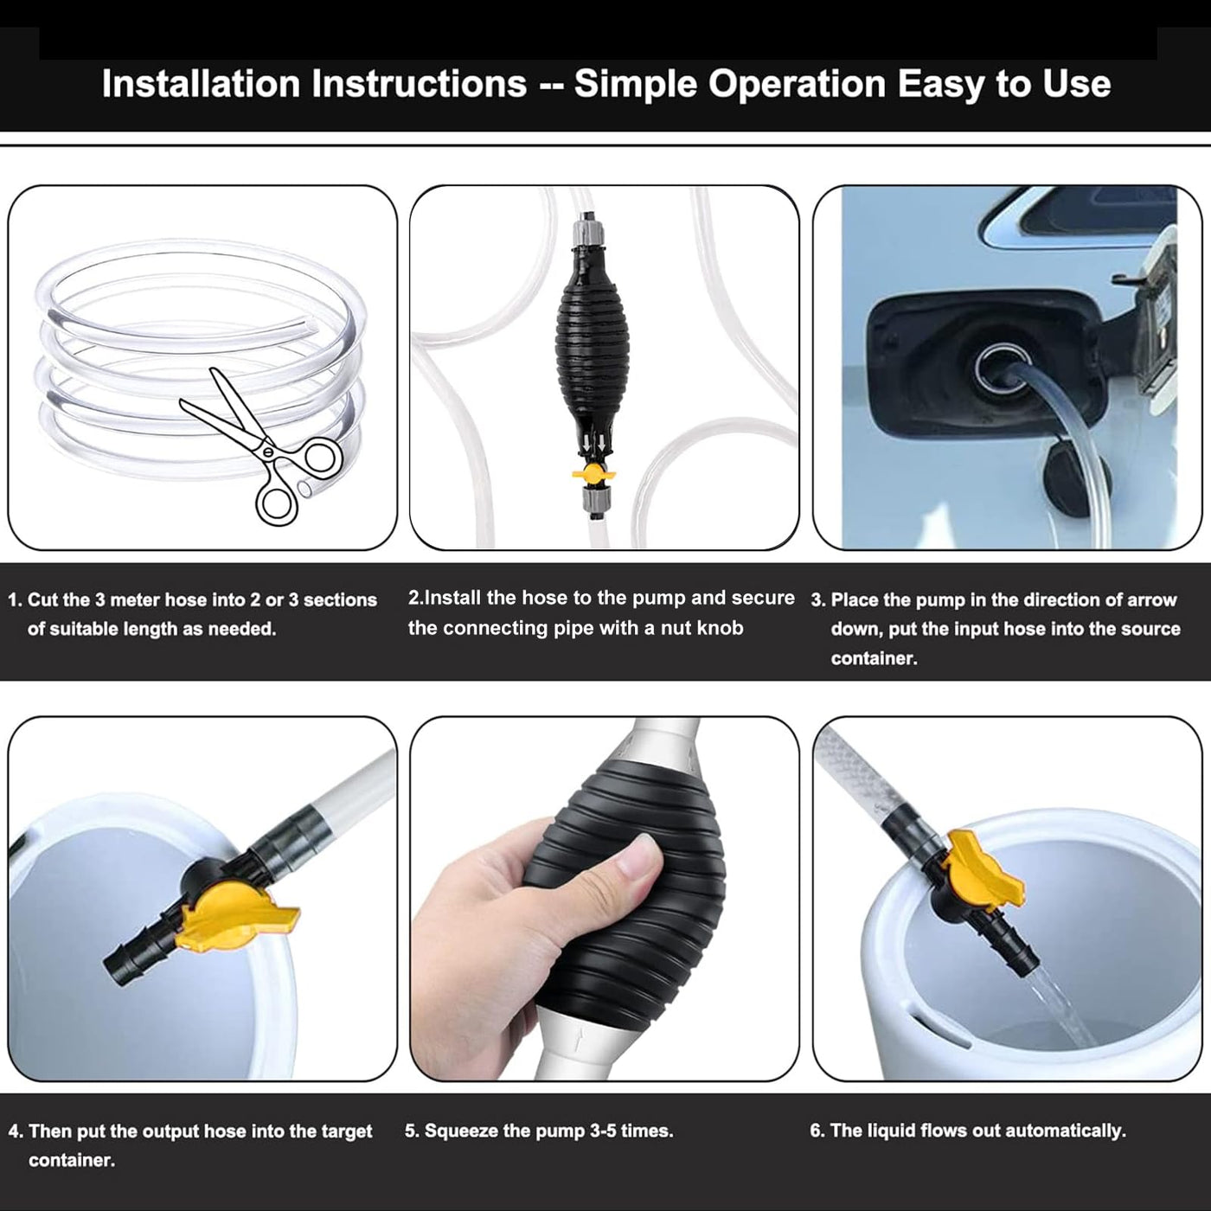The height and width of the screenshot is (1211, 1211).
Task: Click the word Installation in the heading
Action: [x=201, y=84]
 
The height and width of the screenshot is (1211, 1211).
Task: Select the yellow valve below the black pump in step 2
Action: [x=593, y=475]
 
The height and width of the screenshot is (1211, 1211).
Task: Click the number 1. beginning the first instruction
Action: [x=15, y=600]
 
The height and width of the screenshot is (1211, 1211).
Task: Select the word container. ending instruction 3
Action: [x=874, y=658]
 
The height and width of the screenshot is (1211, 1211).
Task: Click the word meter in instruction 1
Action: [x=135, y=600]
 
